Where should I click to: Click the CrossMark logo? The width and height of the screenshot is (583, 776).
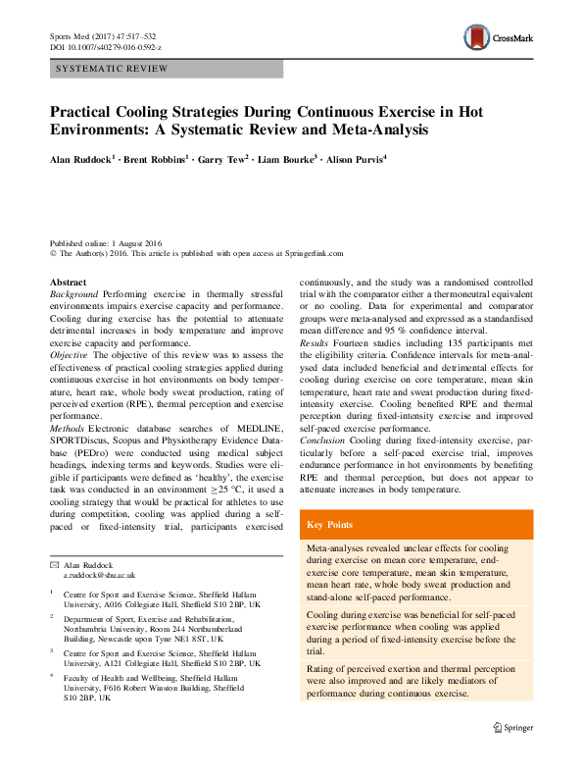499,38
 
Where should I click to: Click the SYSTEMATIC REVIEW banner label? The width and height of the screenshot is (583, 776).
113,69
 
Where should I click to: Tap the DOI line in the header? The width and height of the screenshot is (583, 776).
106,46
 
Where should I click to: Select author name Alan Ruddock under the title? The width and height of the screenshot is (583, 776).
82,157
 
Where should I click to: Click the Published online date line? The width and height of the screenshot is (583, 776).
107,243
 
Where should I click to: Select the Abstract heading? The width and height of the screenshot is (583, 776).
68,283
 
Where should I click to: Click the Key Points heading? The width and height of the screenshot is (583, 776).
333,525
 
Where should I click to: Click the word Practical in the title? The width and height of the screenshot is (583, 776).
83,111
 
